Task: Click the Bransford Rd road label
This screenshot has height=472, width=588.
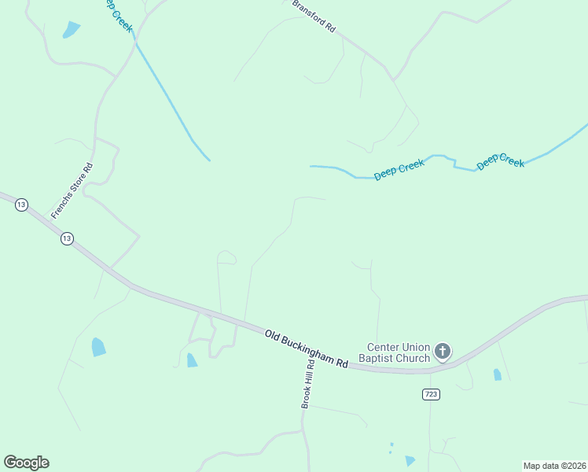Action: coord(314,16)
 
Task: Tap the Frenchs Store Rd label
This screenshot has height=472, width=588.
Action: coord(72,190)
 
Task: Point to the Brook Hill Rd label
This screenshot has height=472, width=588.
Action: coord(307,384)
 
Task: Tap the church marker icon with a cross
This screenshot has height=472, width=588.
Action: coord(443,351)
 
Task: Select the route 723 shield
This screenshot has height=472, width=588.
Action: coord(430,393)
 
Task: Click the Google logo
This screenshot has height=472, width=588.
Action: coord(26,463)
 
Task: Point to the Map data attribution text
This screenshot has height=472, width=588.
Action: coord(554,465)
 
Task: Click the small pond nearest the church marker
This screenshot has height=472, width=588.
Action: coord(497,374)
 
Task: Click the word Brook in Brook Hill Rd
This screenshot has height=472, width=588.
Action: coord(307,398)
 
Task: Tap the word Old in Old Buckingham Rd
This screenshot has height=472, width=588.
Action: coord(273,336)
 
